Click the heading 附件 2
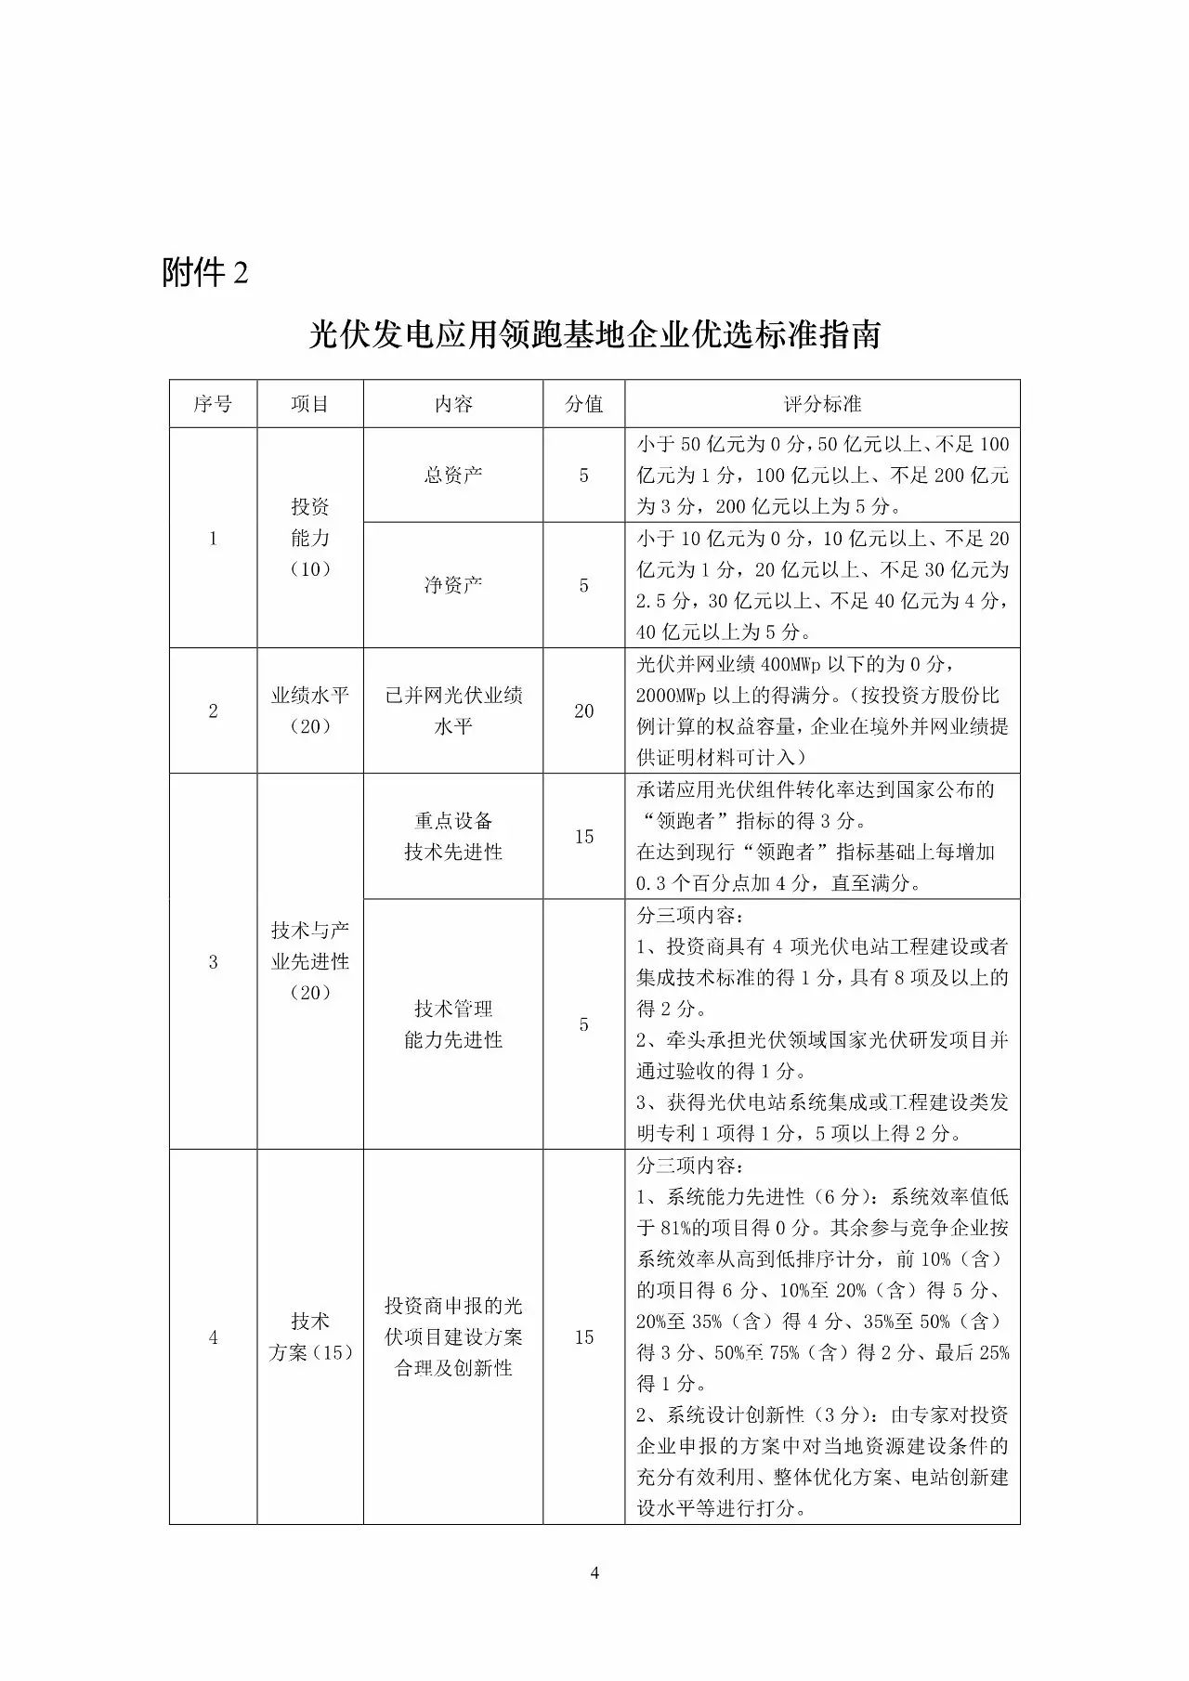coord(205,273)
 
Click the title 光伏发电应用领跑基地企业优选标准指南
coord(594,335)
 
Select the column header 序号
coord(213,404)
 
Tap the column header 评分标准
coord(822,404)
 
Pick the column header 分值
coord(583,404)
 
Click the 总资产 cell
coord(453,475)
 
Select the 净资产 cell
coord(453,585)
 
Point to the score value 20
coord(583,711)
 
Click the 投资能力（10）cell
coord(310,538)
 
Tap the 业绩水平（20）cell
coord(310,711)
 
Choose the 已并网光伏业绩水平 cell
coord(453,711)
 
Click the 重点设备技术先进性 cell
coord(453,837)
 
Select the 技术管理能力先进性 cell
coord(453,1024)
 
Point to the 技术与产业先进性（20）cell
coord(310,961)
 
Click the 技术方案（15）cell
coord(310,1337)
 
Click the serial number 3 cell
coord(213,962)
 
